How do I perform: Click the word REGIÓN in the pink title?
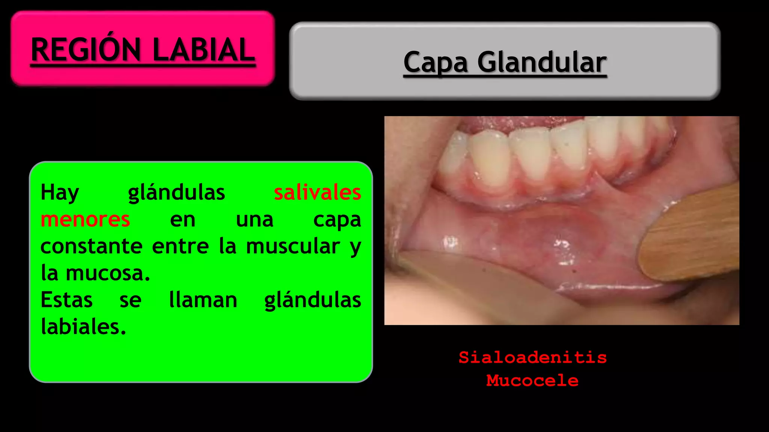[86, 49]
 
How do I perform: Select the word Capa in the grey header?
[436, 62]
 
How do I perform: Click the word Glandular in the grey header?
[542, 62]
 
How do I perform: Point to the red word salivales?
[317, 192]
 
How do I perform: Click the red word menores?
[85, 219]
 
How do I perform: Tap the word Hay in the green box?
[60, 193]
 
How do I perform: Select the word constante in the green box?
[91, 246]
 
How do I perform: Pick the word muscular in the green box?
[293, 246]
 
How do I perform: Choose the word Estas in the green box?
[66, 300]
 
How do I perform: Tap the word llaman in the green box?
[203, 300]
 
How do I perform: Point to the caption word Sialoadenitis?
[532, 357]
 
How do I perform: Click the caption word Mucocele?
[532, 381]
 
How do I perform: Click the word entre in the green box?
[180, 246]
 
